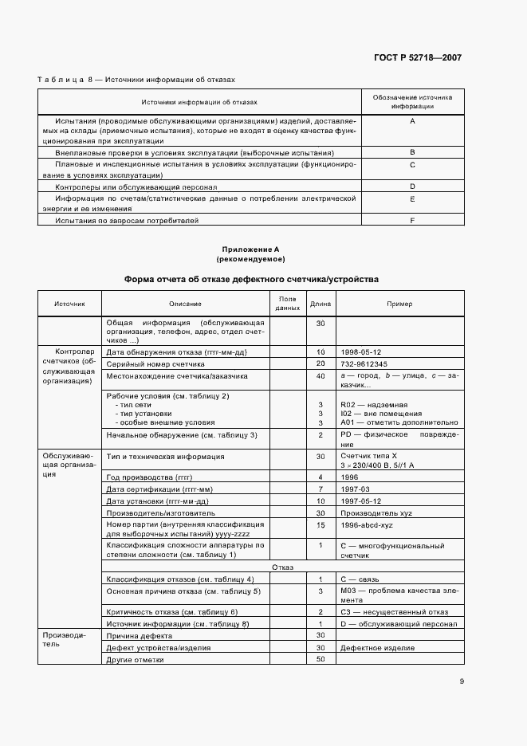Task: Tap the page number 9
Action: (x=461, y=681)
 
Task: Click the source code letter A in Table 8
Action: (x=412, y=120)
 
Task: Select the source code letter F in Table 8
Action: (x=412, y=219)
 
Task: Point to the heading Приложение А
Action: (x=250, y=249)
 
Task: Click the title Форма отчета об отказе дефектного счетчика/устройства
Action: (x=250, y=280)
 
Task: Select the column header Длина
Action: (x=321, y=304)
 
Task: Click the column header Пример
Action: (x=399, y=304)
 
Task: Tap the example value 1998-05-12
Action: (x=360, y=351)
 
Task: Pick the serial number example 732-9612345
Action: (x=363, y=363)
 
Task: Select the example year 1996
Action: (x=349, y=477)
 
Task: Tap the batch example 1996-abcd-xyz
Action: (x=366, y=525)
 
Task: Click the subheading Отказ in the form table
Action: (x=283, y=567)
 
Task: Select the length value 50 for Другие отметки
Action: (x=321, y=659)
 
